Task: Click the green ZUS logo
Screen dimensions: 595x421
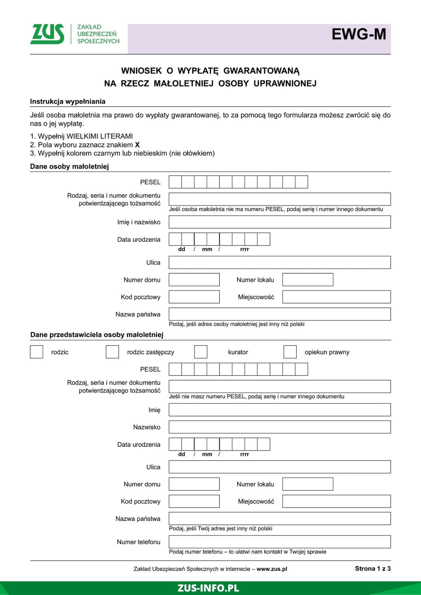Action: click(x=47, y=34)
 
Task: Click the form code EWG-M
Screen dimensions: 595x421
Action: click(x=359, y=34)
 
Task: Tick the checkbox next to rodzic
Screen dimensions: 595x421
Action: click(x=37, y=352)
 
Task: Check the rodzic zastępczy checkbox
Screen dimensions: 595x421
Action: click(x=112, y=352)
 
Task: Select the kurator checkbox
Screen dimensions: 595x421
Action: click(x=201, y=352)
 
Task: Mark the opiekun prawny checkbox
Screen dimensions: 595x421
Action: click(x=290, y=352)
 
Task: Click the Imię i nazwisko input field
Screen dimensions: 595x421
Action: click(x=280, y=222)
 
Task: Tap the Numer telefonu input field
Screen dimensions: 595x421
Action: click(x=280, y=542)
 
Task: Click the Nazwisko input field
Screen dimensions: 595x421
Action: click(x=280, y=427)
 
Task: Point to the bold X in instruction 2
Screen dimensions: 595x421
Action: click(x=137, y=145)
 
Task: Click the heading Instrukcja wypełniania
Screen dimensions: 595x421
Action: click(x=68, y=101)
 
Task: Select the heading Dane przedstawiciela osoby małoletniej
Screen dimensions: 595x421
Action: click(x=97, y=335)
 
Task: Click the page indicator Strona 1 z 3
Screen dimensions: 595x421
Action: click(x=373, y=568)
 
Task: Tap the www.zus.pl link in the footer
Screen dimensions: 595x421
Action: click(x=272, y=569)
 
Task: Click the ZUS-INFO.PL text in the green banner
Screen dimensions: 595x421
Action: click(x=208, y=588)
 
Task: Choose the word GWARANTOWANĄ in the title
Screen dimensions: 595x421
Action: click(x=261, y=71)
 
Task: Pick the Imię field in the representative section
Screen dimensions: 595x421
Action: click(x=280, y=410)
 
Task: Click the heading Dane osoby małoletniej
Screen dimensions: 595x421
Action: click(x=69, y=166)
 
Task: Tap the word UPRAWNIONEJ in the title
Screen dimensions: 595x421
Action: click(x=285, y=83)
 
